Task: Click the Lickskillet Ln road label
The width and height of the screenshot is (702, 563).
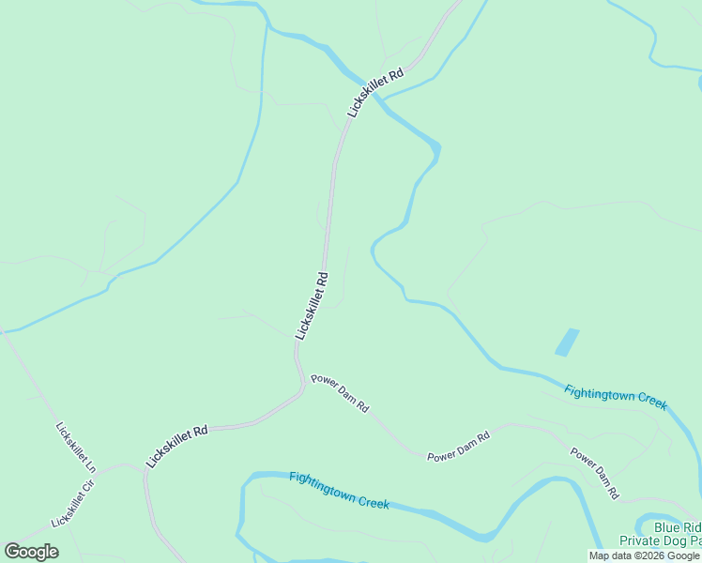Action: tap(76, 448)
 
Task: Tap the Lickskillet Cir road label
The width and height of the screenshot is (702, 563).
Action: tap(74, 503)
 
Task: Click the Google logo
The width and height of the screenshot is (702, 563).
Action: tap(31, 552)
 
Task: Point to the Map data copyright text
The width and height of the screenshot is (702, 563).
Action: tap(645, 555)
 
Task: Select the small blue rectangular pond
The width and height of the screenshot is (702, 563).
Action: tap(567, 342)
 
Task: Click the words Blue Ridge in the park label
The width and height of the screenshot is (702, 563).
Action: tap(678, 527)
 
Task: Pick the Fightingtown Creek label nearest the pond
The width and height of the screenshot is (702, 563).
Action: tap(616, 397)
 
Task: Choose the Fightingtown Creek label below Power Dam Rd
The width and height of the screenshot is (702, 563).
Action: tap(339, 490)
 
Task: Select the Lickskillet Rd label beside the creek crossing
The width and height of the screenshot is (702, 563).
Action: tap(375, 90)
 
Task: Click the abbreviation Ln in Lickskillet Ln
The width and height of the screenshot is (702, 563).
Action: tap(89, 464)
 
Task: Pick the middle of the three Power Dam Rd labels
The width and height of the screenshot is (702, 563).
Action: tap(458, 447)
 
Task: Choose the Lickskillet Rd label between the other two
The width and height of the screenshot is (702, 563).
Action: tap(312, 305)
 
